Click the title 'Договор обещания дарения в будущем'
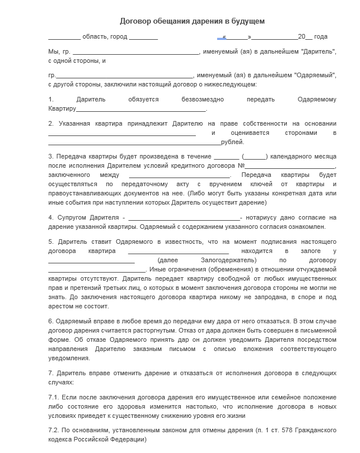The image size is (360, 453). point(192,21)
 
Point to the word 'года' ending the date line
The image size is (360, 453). point(321,36)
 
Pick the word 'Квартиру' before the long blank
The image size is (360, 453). point(62,108)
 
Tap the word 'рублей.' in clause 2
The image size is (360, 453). point(233,142)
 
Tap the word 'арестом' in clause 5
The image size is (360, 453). point(61,306)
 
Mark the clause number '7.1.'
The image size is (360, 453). point(54,397)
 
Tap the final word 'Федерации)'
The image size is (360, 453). point(130,439)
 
